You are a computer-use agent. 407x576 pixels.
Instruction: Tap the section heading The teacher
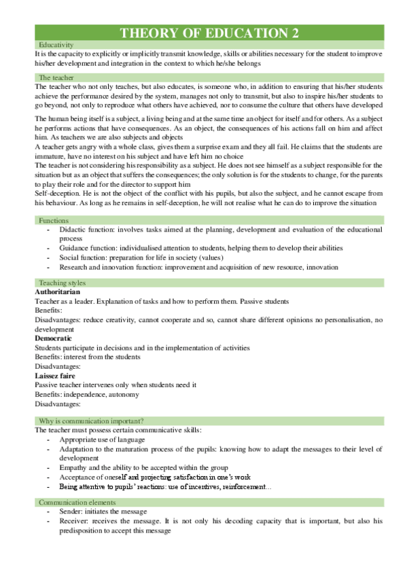(55, 77)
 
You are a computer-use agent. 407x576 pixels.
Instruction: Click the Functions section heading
(53, 221)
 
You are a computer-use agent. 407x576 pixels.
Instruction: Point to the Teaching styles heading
(62, 283)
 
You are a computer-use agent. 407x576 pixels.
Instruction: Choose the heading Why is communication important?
(91, 420)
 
